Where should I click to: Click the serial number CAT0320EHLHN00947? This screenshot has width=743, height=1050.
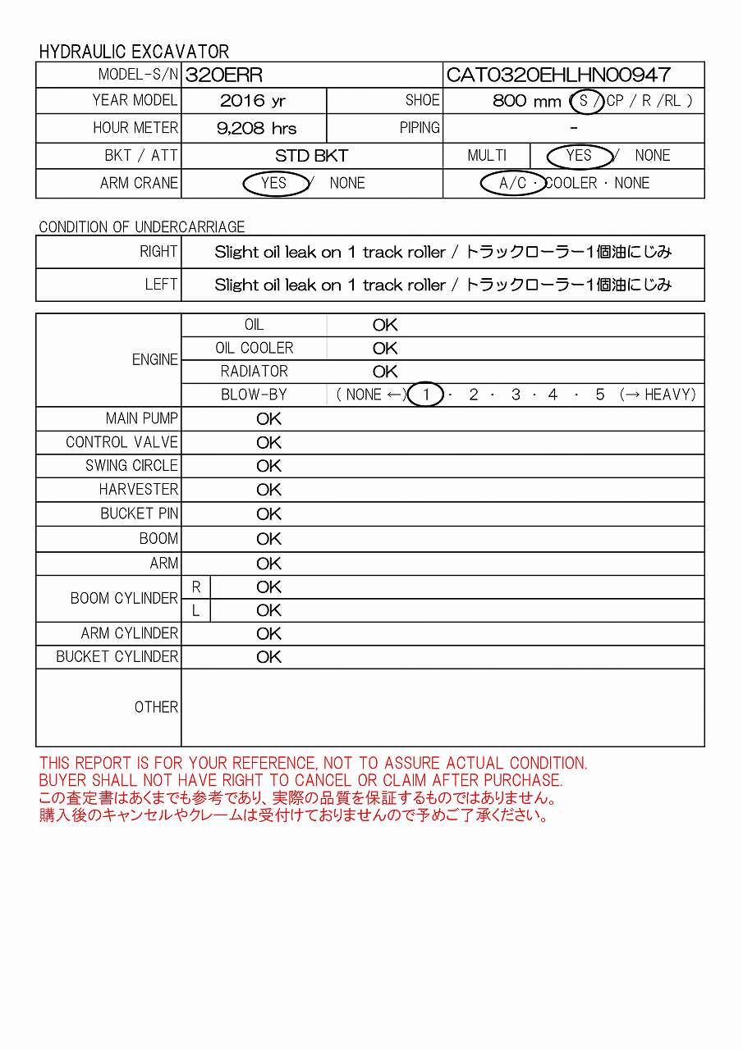(558, 75)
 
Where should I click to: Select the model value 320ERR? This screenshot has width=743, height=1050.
(224, 75)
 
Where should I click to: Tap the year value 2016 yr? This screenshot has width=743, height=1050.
(253, 101)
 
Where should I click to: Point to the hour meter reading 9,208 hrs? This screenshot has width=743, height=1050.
(257, 128)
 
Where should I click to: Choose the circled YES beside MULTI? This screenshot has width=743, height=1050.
(579, 156)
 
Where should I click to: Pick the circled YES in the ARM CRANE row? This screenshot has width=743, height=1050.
(274, 183)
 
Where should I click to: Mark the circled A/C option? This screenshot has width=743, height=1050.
(513, 183)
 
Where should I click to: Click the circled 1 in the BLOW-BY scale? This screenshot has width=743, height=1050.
(426, 395)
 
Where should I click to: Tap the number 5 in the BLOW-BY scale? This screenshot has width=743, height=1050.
(600, 395)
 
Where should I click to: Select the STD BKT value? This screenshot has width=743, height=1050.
(312, 156)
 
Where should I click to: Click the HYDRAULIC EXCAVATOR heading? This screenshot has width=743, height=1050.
(134, 52)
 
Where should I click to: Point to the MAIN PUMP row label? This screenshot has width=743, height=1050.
(142, 418)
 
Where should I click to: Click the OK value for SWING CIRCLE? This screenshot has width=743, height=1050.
(268, 466)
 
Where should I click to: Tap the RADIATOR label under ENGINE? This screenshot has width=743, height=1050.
(255, 372)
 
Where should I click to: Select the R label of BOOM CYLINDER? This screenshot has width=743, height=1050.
(196, 587)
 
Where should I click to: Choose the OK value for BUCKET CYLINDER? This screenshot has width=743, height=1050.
(268, 657)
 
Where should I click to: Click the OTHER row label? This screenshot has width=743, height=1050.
(156, 707)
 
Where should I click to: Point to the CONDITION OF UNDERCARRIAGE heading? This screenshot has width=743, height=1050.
(142, 227)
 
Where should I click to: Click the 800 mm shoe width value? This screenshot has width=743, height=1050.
(527, 102)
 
